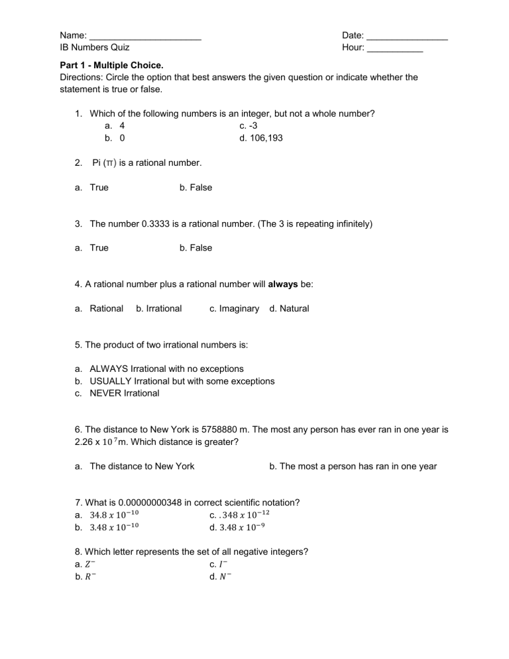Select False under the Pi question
(x=196, y=188)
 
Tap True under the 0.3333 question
(x=98, y=248)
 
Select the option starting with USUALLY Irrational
(x=182, y=381)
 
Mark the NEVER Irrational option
(x=124, y=393)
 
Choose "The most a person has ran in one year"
(x=353, y=466)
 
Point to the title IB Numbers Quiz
(x=94, y=48)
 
